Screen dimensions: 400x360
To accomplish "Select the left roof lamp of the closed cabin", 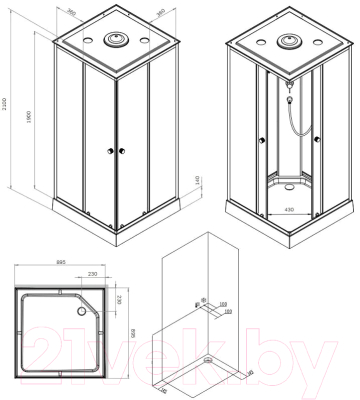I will pos(84,41).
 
